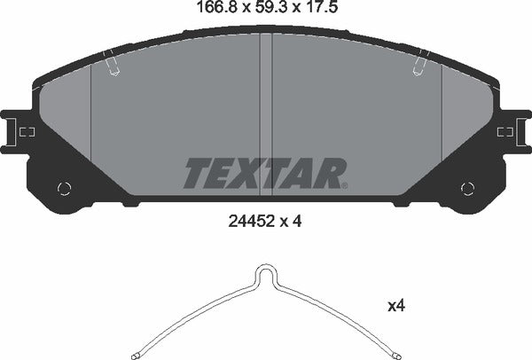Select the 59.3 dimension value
[265, 11]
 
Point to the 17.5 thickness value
[317, 11]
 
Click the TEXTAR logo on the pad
[264, 172]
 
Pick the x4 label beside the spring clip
[396, 305]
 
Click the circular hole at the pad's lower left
[63, 186]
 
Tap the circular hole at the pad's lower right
[468, 186]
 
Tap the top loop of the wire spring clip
[265, 270]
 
